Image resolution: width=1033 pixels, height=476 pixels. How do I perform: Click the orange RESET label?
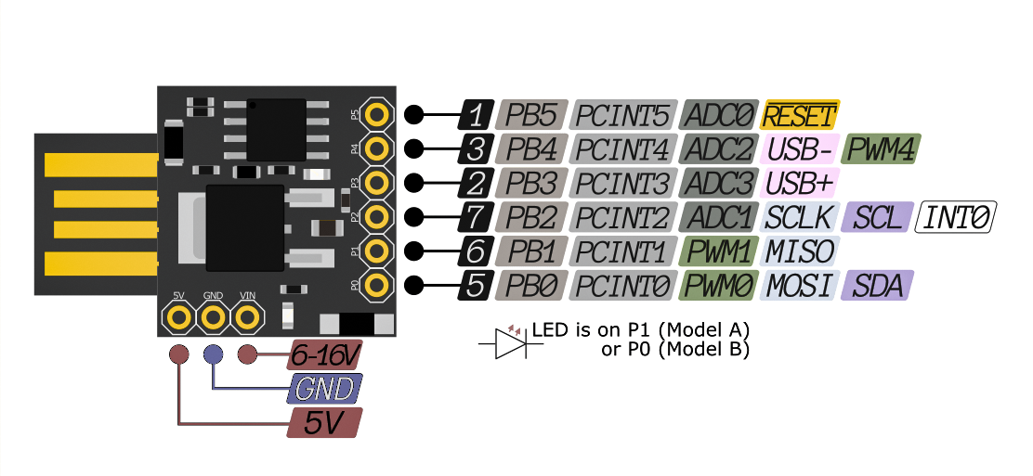[800, 115]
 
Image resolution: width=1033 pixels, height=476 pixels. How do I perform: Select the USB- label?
[801, 148]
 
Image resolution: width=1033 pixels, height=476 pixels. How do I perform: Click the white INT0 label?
[956, 217]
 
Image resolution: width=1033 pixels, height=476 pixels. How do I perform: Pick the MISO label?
[800, 251]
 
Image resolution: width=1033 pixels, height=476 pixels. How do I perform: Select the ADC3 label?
[718, 183]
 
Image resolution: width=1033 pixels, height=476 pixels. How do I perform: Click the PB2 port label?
[530, 217]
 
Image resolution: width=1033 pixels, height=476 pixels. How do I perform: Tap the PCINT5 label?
[621, 115]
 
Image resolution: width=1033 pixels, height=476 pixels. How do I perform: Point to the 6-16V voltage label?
[322, 355]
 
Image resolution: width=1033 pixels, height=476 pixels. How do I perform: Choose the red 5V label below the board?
[323, 424]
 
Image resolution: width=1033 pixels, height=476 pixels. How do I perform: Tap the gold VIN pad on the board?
[247, 317]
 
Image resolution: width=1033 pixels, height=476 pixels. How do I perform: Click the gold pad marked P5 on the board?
[376, 114]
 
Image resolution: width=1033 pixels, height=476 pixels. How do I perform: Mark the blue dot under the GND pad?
[213, 354]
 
